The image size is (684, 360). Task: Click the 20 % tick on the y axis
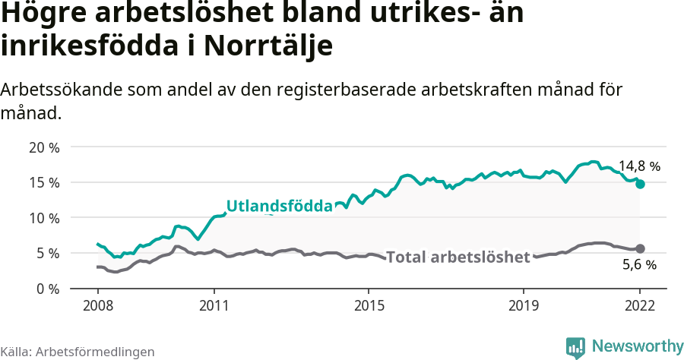click(x=43, y=147)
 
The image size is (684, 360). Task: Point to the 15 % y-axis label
click(x=43, y=182)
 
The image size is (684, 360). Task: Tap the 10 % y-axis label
click(x=43, y=218)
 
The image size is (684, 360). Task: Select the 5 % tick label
click(x=47, y=253)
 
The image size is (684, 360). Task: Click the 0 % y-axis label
click(x=47, y=289)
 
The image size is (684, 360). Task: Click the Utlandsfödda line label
click(x=280, y=206)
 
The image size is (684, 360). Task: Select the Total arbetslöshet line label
click(x=458, y=257)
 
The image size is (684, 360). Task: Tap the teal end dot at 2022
click(x=640, y=184)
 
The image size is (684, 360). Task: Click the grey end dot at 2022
click(x=640, y=248)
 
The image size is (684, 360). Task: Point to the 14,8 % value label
click(x=639, y=165)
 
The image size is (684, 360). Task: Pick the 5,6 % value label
click(x=639, y=266)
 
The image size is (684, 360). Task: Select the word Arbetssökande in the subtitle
click(x=57, y=89)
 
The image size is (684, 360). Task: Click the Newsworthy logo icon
click(x=575, y=347)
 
